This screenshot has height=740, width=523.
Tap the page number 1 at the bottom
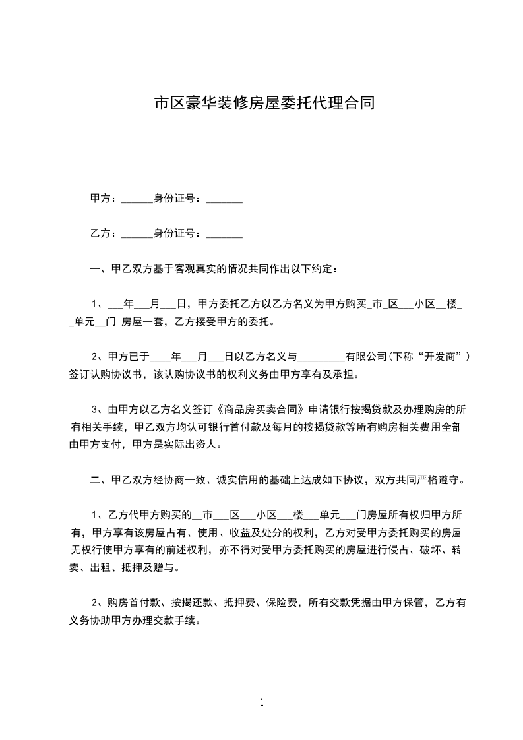click(262, 702)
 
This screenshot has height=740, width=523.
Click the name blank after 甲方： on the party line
click(137, 199)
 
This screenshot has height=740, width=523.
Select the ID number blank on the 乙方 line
click(225, 233)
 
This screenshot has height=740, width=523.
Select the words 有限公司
click(366, 357)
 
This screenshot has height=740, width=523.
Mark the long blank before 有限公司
click(322, 357)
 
